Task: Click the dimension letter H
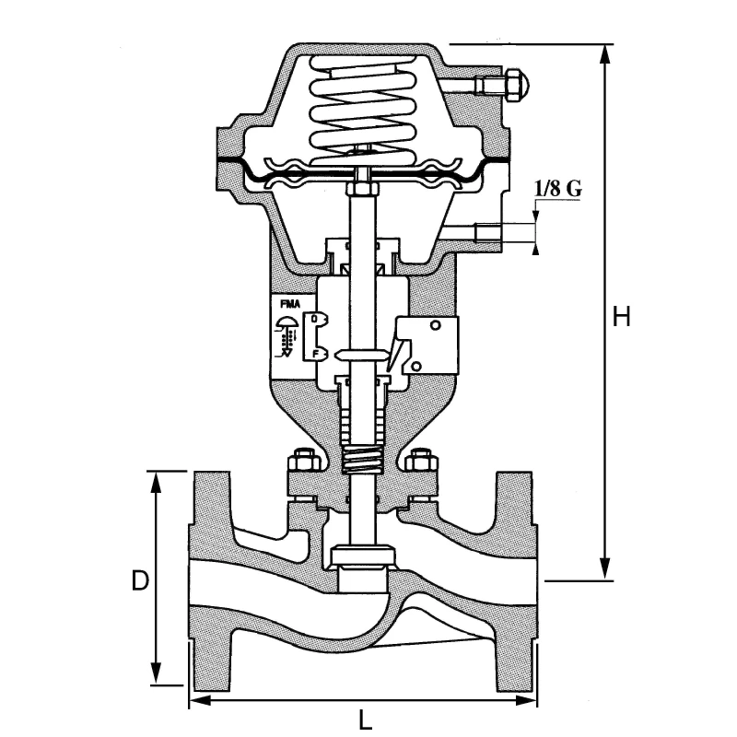[622, 317]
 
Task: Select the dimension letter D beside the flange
[139, 580]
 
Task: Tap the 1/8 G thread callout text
[557, 189]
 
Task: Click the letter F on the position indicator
[316, 353]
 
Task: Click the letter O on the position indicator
[316, 318]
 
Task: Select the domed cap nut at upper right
[516, 84]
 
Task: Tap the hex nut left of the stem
[298, 459]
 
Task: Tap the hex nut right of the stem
[422, 459]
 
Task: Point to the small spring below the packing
[361, 458]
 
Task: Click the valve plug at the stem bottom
[363, 556]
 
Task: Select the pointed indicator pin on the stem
[360, 355]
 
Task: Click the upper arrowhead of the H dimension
[605, 52]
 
